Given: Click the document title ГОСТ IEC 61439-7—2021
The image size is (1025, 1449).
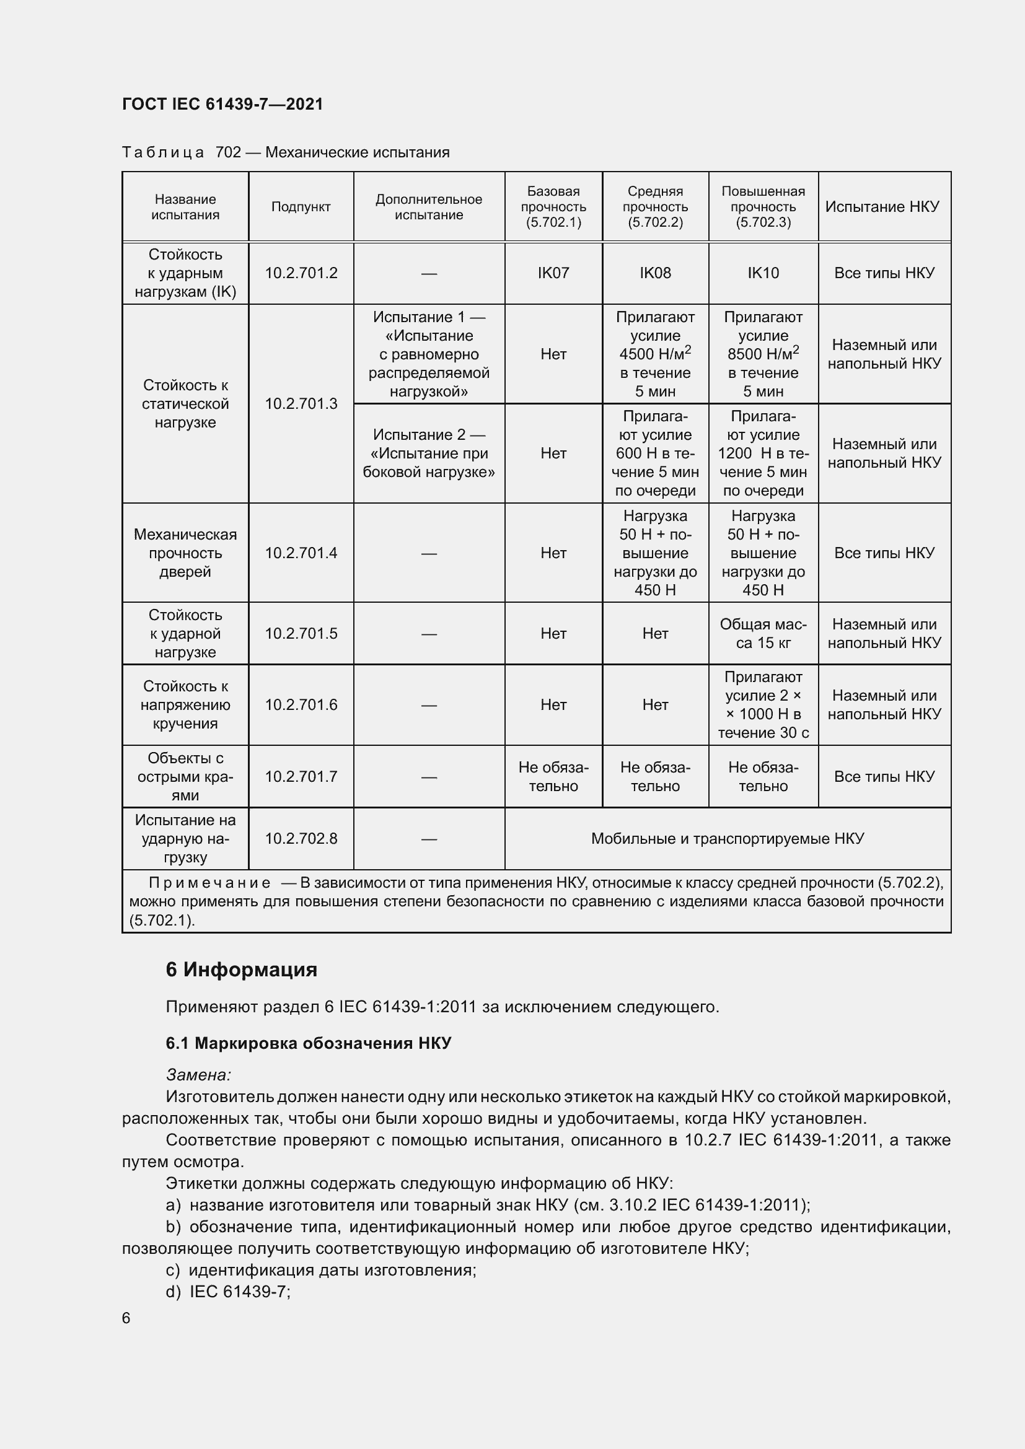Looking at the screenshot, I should coord(222,104).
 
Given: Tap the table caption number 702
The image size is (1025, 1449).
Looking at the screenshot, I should coord(228,152).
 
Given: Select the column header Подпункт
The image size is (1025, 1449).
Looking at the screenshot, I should coord(301,207).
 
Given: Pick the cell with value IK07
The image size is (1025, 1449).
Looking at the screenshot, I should coord(553,273).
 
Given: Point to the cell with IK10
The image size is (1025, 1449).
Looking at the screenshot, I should coord(762,273).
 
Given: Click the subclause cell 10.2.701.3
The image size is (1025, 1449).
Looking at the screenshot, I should coord(301,404).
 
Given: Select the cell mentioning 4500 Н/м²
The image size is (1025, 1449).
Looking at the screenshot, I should coord(654,354).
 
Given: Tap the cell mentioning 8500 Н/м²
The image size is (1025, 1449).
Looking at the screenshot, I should coord(762,354).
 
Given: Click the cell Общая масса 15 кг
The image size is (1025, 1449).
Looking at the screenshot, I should coord(762,634).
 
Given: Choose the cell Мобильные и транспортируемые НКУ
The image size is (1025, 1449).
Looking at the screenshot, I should coord(727,839).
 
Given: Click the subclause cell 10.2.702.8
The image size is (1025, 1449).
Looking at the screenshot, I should coord(301,839).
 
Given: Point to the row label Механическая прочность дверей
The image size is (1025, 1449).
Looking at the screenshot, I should coord(185,553).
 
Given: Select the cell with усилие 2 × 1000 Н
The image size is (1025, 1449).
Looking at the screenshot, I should coord(762,705).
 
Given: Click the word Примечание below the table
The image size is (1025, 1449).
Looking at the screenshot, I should coord(209,883).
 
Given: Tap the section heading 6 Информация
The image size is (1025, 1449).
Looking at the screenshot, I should coord(241,970).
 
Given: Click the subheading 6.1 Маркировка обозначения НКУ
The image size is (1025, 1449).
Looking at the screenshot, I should coord(308,1043).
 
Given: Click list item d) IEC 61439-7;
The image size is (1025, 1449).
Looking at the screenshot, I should coord(228,1292).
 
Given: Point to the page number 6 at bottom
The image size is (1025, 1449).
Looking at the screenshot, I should coord(126,1318).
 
